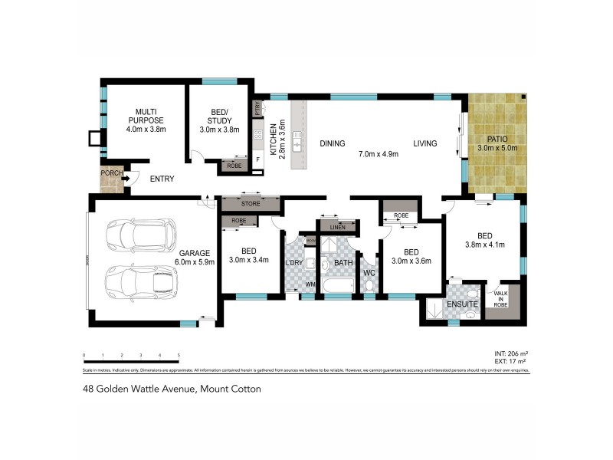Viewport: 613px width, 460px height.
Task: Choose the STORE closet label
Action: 250,204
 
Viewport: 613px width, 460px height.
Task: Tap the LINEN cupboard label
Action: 338,227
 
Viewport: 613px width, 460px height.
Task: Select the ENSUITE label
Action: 464,304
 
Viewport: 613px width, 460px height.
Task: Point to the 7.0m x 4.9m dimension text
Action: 379,154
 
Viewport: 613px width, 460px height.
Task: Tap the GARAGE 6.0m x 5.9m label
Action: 195,258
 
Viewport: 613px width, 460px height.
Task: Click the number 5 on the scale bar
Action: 179,354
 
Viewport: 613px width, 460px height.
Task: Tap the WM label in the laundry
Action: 310,284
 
